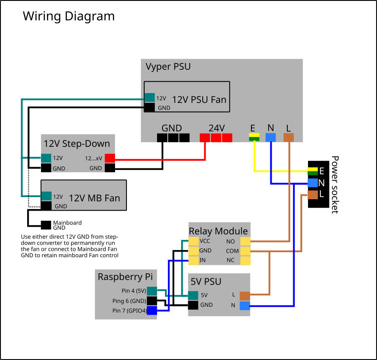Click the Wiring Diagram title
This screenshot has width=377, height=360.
(69, 16)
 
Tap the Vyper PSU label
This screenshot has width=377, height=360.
(168, 67)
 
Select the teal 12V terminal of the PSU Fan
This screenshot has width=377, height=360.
(149, 98)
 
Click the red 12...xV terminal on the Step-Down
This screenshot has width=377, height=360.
(110, 158)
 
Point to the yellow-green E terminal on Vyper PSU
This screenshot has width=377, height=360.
(254, 137)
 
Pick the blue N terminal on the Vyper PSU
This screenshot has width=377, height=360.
(271, 137)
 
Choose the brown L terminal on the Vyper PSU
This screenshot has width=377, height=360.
(289, 137)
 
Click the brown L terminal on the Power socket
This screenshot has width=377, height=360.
(313, 195)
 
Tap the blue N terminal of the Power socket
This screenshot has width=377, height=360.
(313, 183)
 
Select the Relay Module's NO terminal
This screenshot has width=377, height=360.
(245, 241)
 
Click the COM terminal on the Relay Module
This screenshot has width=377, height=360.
(245, 251)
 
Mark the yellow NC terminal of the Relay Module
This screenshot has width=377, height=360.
(245, 261)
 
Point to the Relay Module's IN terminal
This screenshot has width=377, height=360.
(193, 261)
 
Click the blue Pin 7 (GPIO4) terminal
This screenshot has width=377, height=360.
(152, 310)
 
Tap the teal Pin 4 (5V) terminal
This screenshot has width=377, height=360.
(152, 291)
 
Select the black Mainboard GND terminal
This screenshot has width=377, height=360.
(46, 225)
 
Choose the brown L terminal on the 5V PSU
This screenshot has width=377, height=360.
(245, 296)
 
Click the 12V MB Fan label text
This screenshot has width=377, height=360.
(94, 198)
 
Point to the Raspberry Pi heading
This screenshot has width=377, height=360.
(125, 277)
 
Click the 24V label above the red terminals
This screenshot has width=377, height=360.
(217, 128)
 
